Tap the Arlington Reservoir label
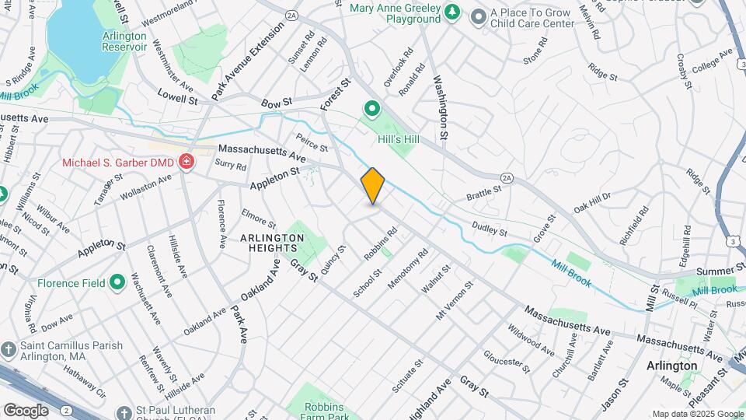(124, 41)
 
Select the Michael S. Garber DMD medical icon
(186, 163)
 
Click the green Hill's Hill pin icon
(372, 109)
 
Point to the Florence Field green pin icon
(117, 282)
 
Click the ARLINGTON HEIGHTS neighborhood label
(271, 242)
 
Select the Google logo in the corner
(26, 410)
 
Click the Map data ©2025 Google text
(697, 414)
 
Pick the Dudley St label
(490, 229)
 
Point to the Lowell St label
(177, 98)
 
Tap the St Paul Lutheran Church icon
(124, 412)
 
